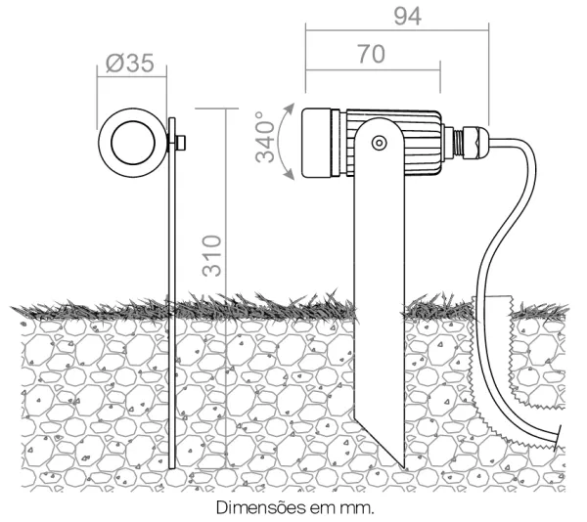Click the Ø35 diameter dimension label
click(x=129, y=63)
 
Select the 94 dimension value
click(x=408, y=17)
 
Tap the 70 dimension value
click(x=371, y=54)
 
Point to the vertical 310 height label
click(x=212, y=256)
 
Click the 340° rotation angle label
click(x=265, y=137)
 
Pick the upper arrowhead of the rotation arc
click(x=290, y=109)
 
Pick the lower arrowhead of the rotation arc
click(x=290, y=174)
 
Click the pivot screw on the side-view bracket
click(x=379, y=143)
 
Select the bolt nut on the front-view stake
click(x=181, y=143)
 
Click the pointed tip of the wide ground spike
click(x=404, y=467)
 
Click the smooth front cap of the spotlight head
click(x=317, y=143)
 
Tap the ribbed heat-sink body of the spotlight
click(x=393, y=143)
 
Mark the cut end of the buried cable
click(x=560, y=435)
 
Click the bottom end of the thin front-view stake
click(x=172, y=468)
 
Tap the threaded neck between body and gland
click(x=458, y=143)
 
